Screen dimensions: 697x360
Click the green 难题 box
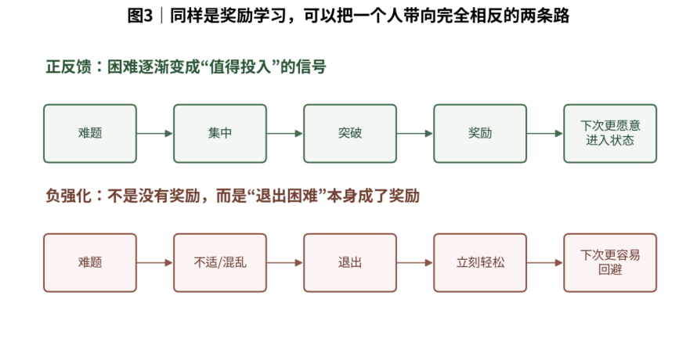pos(90,133)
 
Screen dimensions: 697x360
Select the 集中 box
pos(220,133)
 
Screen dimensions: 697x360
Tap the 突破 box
pos(350,133)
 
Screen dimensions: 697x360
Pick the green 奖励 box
pos(480,133)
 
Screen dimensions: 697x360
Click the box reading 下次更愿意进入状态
pos(610,133)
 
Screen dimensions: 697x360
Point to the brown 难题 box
pos(90,263)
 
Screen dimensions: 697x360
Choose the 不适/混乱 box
pos(220,263)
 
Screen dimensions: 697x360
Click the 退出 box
pos(350,263)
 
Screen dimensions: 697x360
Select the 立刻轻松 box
pos(480,263)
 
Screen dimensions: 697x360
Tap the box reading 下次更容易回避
pos(610,263)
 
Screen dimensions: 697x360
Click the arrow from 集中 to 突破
pos(285,133)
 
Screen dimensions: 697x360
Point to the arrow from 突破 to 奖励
pos(415,133)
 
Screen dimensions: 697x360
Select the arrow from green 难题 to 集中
pos(155,133)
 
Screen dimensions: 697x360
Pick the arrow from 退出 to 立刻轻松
pos(415,263)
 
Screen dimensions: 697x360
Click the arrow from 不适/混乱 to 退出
pos(285,263)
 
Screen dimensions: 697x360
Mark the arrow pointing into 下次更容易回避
pos(545,263)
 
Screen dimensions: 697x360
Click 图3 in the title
pos(140,16)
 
